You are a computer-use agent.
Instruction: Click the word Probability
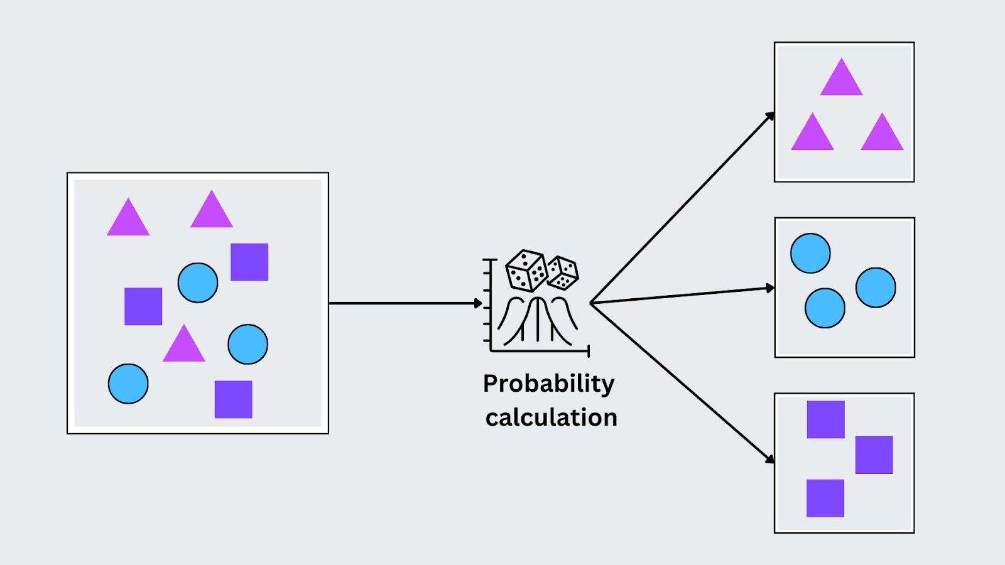pyautogui.click(x=548, y=384)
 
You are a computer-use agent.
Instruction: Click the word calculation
pyautogui.click(x=551, y=417)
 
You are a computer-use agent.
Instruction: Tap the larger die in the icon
pyautogui.click(x=526, y=271)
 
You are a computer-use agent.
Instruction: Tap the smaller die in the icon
pyautogui.click(x=562, y=272)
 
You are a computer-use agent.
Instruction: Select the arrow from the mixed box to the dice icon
pyautogui.click(x=402, y=303)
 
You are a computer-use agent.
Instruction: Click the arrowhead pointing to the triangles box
pyautogui.click(x=770, y=116)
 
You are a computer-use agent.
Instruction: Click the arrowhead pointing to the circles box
pyautogui.click(x=770, y=288)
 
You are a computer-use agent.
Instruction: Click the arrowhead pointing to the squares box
pyautogui.click(x=770, y=460)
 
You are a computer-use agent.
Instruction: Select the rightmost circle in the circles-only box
pyautogui.click(x=875, y=288)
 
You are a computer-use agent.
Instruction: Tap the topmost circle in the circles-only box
pyautogui.click(x=810, y=253)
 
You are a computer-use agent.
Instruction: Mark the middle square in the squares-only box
pyautogui.click(x=874, y=455)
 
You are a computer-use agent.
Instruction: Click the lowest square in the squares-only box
pyautogui.click(x=825, y=498)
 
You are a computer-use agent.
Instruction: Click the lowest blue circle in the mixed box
pyautogui.click(x=128, y=384)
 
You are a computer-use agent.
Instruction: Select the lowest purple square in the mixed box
pyautogui.click(x=233, y=399)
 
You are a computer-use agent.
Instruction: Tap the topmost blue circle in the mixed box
pyautogui.click(x=198, y=282)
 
